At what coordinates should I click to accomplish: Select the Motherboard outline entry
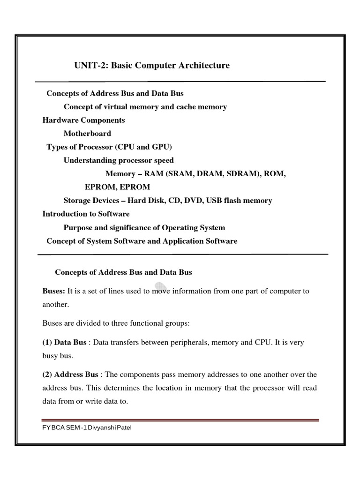click(x=87, y=134)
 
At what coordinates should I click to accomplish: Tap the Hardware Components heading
click(x=83, y=120)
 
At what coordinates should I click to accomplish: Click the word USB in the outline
click(x=238, y=201)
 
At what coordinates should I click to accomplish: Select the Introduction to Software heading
click(x=86, y=214)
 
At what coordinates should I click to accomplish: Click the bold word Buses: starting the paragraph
click(x=54, y=291)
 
